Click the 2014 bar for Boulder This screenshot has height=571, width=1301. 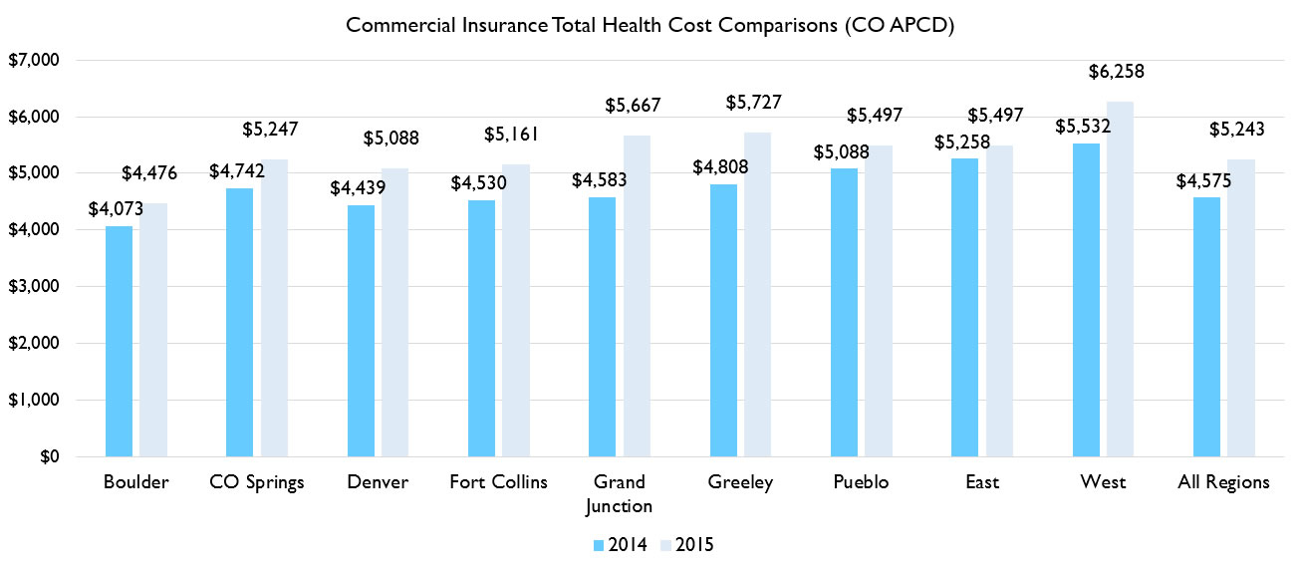point(119,341)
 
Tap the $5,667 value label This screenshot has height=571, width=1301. point(634,105)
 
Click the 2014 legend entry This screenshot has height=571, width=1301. point(622,545)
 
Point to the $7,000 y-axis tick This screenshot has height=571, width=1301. point(36,60)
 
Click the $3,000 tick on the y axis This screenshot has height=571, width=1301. point(36,287)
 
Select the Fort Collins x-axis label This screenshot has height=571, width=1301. point(498,482)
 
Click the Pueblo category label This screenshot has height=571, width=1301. point(862,482)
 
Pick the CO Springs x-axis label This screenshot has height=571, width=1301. point(257,482)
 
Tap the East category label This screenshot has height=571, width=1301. point(982,482)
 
